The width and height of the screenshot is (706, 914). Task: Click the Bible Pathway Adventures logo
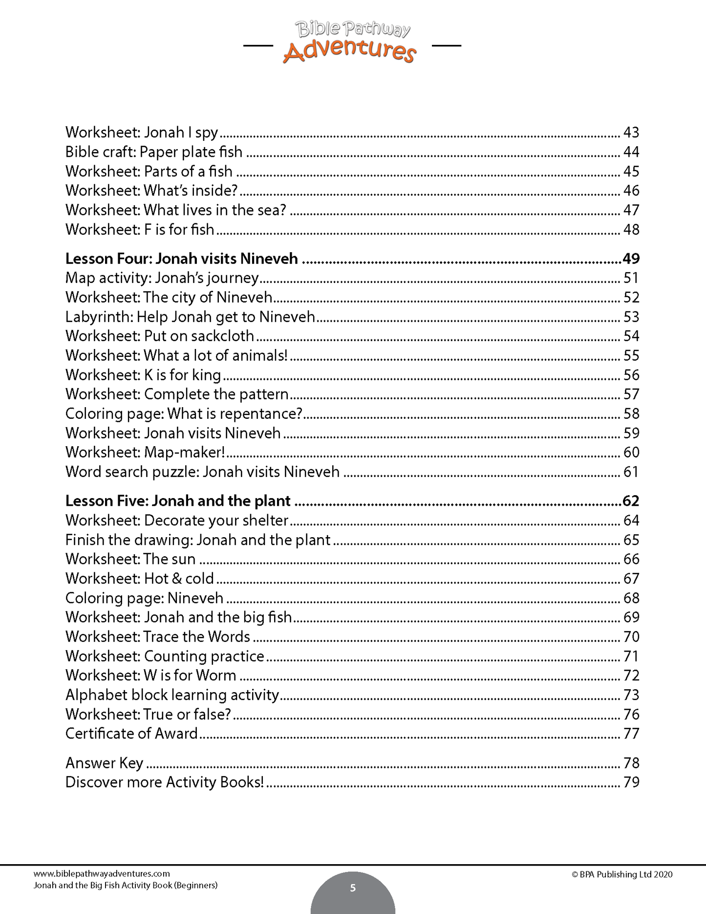pos(350,43)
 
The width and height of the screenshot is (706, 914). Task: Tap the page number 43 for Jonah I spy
pos(631,132)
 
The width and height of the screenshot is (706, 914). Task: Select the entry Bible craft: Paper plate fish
pos(154,152)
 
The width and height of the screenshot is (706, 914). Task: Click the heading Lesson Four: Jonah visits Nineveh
pos(182,259)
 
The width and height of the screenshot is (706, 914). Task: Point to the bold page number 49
pos(631,259)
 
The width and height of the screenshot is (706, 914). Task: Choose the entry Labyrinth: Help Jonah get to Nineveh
pos(190,317)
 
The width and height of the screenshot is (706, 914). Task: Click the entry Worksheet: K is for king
pos(143,375)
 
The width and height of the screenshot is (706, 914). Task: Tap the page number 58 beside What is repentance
pos(631,413)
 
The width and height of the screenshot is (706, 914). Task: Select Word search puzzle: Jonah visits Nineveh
pos(202,472)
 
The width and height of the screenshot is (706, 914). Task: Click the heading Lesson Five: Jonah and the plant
pos(178,501)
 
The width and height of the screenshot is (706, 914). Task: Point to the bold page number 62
pos(631,501)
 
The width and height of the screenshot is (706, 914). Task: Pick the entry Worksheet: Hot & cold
pos(140,579)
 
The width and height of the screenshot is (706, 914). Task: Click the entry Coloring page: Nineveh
pos(144,598)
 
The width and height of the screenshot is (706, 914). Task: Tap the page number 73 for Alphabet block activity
pos(631,695)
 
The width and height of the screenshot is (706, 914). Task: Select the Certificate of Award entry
pos(131,734)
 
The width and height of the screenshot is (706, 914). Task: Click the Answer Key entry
pos(104,763)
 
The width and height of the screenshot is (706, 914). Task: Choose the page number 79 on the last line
pos(631,782)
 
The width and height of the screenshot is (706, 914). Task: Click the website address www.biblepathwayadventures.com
pos(102,874)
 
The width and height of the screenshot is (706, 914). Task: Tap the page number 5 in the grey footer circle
pos(353,888)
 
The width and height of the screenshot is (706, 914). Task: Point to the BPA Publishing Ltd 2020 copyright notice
pos(621,874)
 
